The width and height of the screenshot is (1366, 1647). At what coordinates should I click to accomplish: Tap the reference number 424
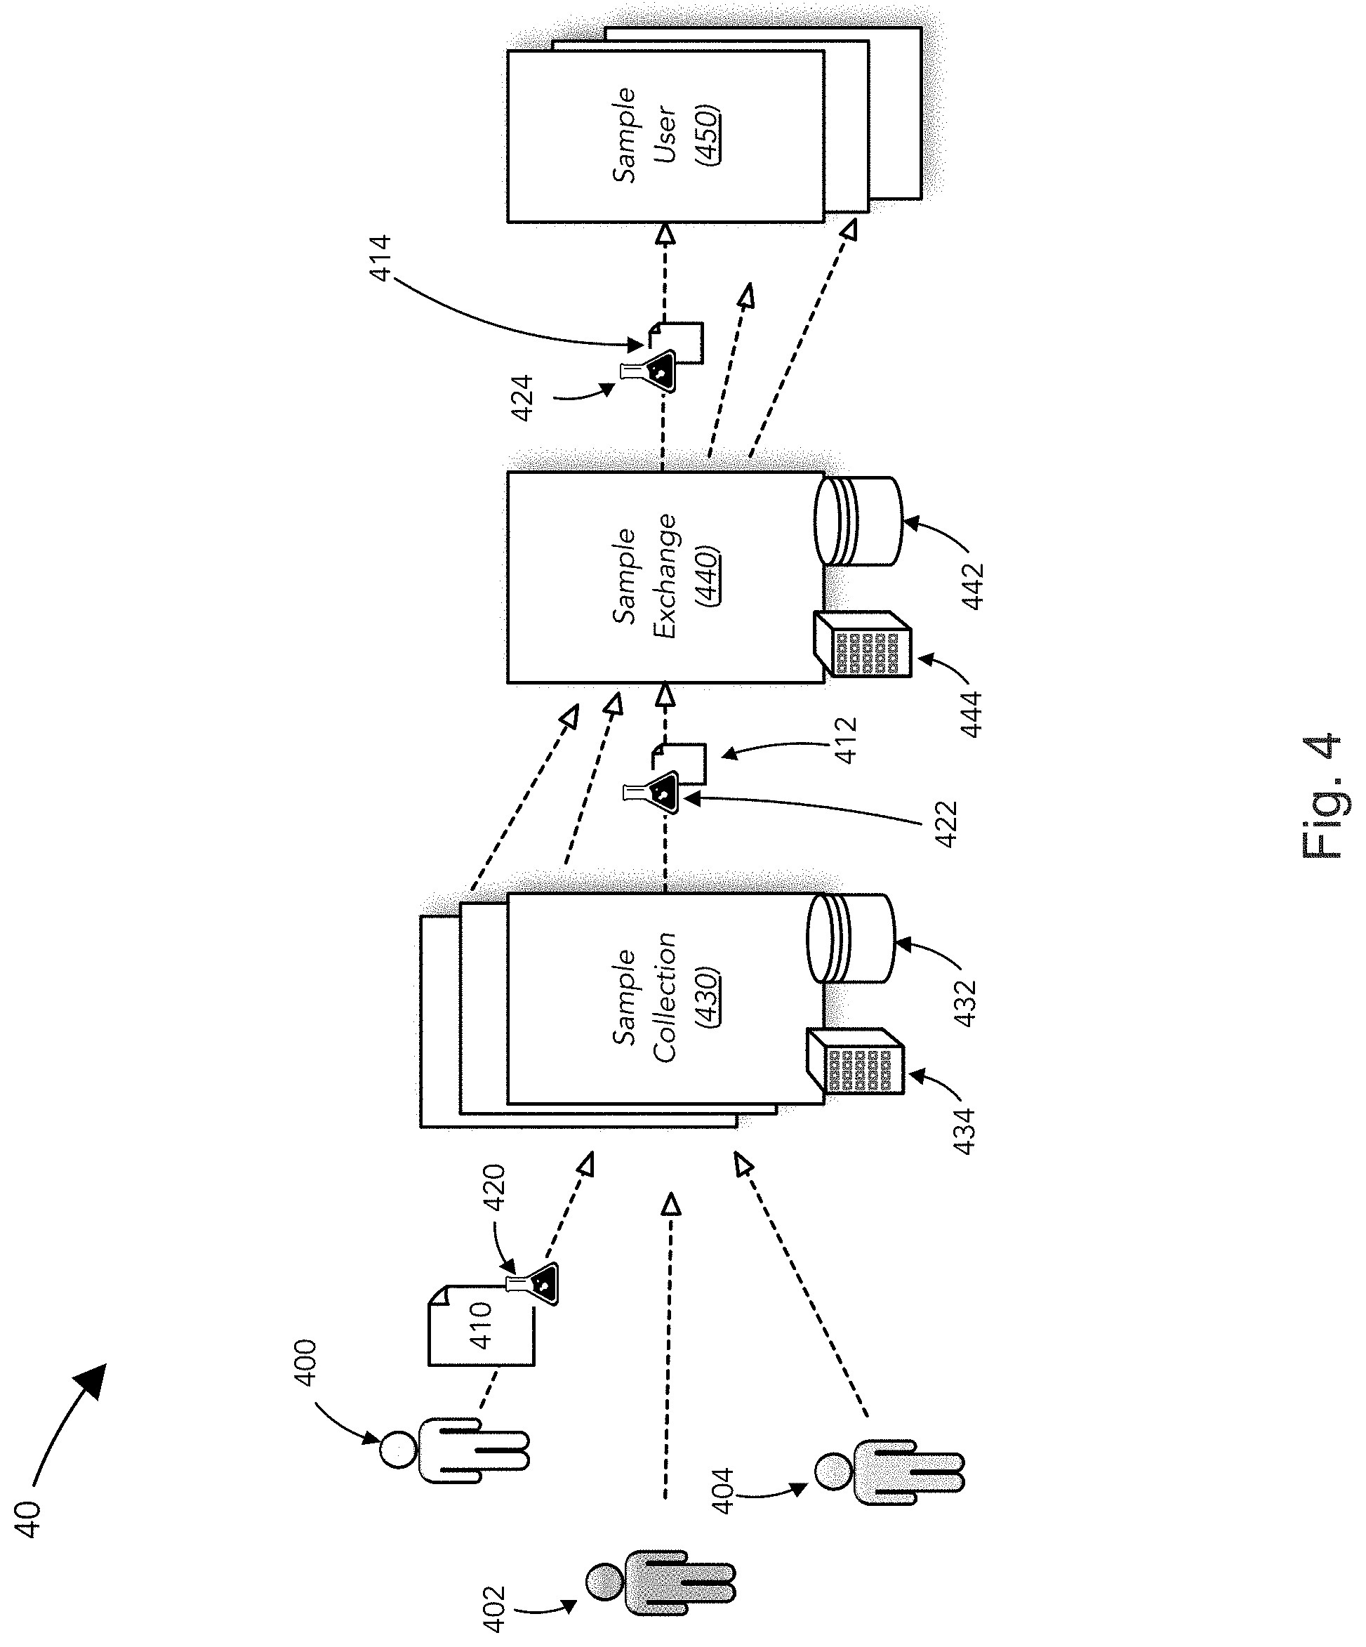click(x=522, y=399)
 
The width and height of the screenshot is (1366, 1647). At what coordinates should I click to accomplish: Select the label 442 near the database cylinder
click(x=972, y=587)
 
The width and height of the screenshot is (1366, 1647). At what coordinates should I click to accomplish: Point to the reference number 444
click(x=972, y=714)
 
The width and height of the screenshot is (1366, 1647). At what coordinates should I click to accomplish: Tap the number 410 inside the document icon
click(x=481, y=1325)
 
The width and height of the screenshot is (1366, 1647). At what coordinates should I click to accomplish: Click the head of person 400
click(x=397, y=1449)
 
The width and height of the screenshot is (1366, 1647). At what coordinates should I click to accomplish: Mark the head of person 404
click(x=833, y=1471)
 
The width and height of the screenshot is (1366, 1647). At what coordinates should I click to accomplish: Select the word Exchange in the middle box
click(x=664, y=576)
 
